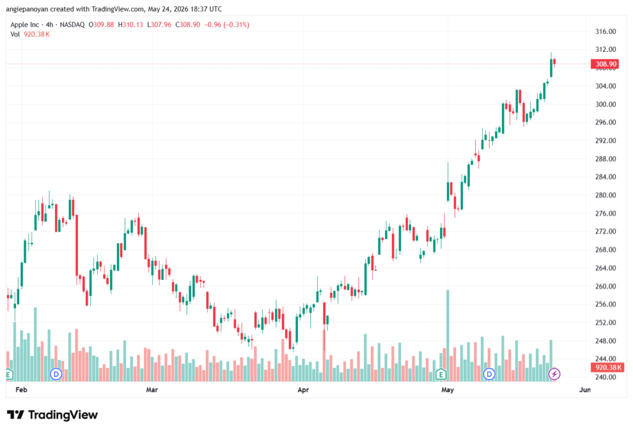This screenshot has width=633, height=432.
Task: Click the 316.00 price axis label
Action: pos(606,32)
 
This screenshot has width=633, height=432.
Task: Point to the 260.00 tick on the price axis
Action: pos(606,286)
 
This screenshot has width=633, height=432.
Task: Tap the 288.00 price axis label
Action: pos(606,159)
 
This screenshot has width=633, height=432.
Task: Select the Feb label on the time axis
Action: pos(21,389)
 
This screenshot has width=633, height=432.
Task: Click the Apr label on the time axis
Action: pos(303,389)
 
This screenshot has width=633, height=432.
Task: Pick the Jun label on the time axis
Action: pos(585,389)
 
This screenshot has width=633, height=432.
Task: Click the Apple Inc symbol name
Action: pos(25,25)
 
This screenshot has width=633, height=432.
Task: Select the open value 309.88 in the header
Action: pos(104,25)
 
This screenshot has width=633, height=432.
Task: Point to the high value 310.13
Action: pos(133,25)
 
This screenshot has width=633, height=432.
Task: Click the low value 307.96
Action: pos(161,25)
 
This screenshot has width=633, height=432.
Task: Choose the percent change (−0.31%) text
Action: pos(236,25)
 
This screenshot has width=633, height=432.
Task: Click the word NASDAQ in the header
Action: pos(72,25)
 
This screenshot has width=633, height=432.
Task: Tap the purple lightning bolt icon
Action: pos(554,374)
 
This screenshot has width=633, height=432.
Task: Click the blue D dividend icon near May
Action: pos(490,374)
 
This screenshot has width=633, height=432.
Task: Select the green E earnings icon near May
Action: pos(441,375)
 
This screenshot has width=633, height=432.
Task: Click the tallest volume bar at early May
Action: pos(448,336)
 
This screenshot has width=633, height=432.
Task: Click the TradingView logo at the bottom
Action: pos(52,415)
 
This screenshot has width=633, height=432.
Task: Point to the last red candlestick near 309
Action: pos(554,61)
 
